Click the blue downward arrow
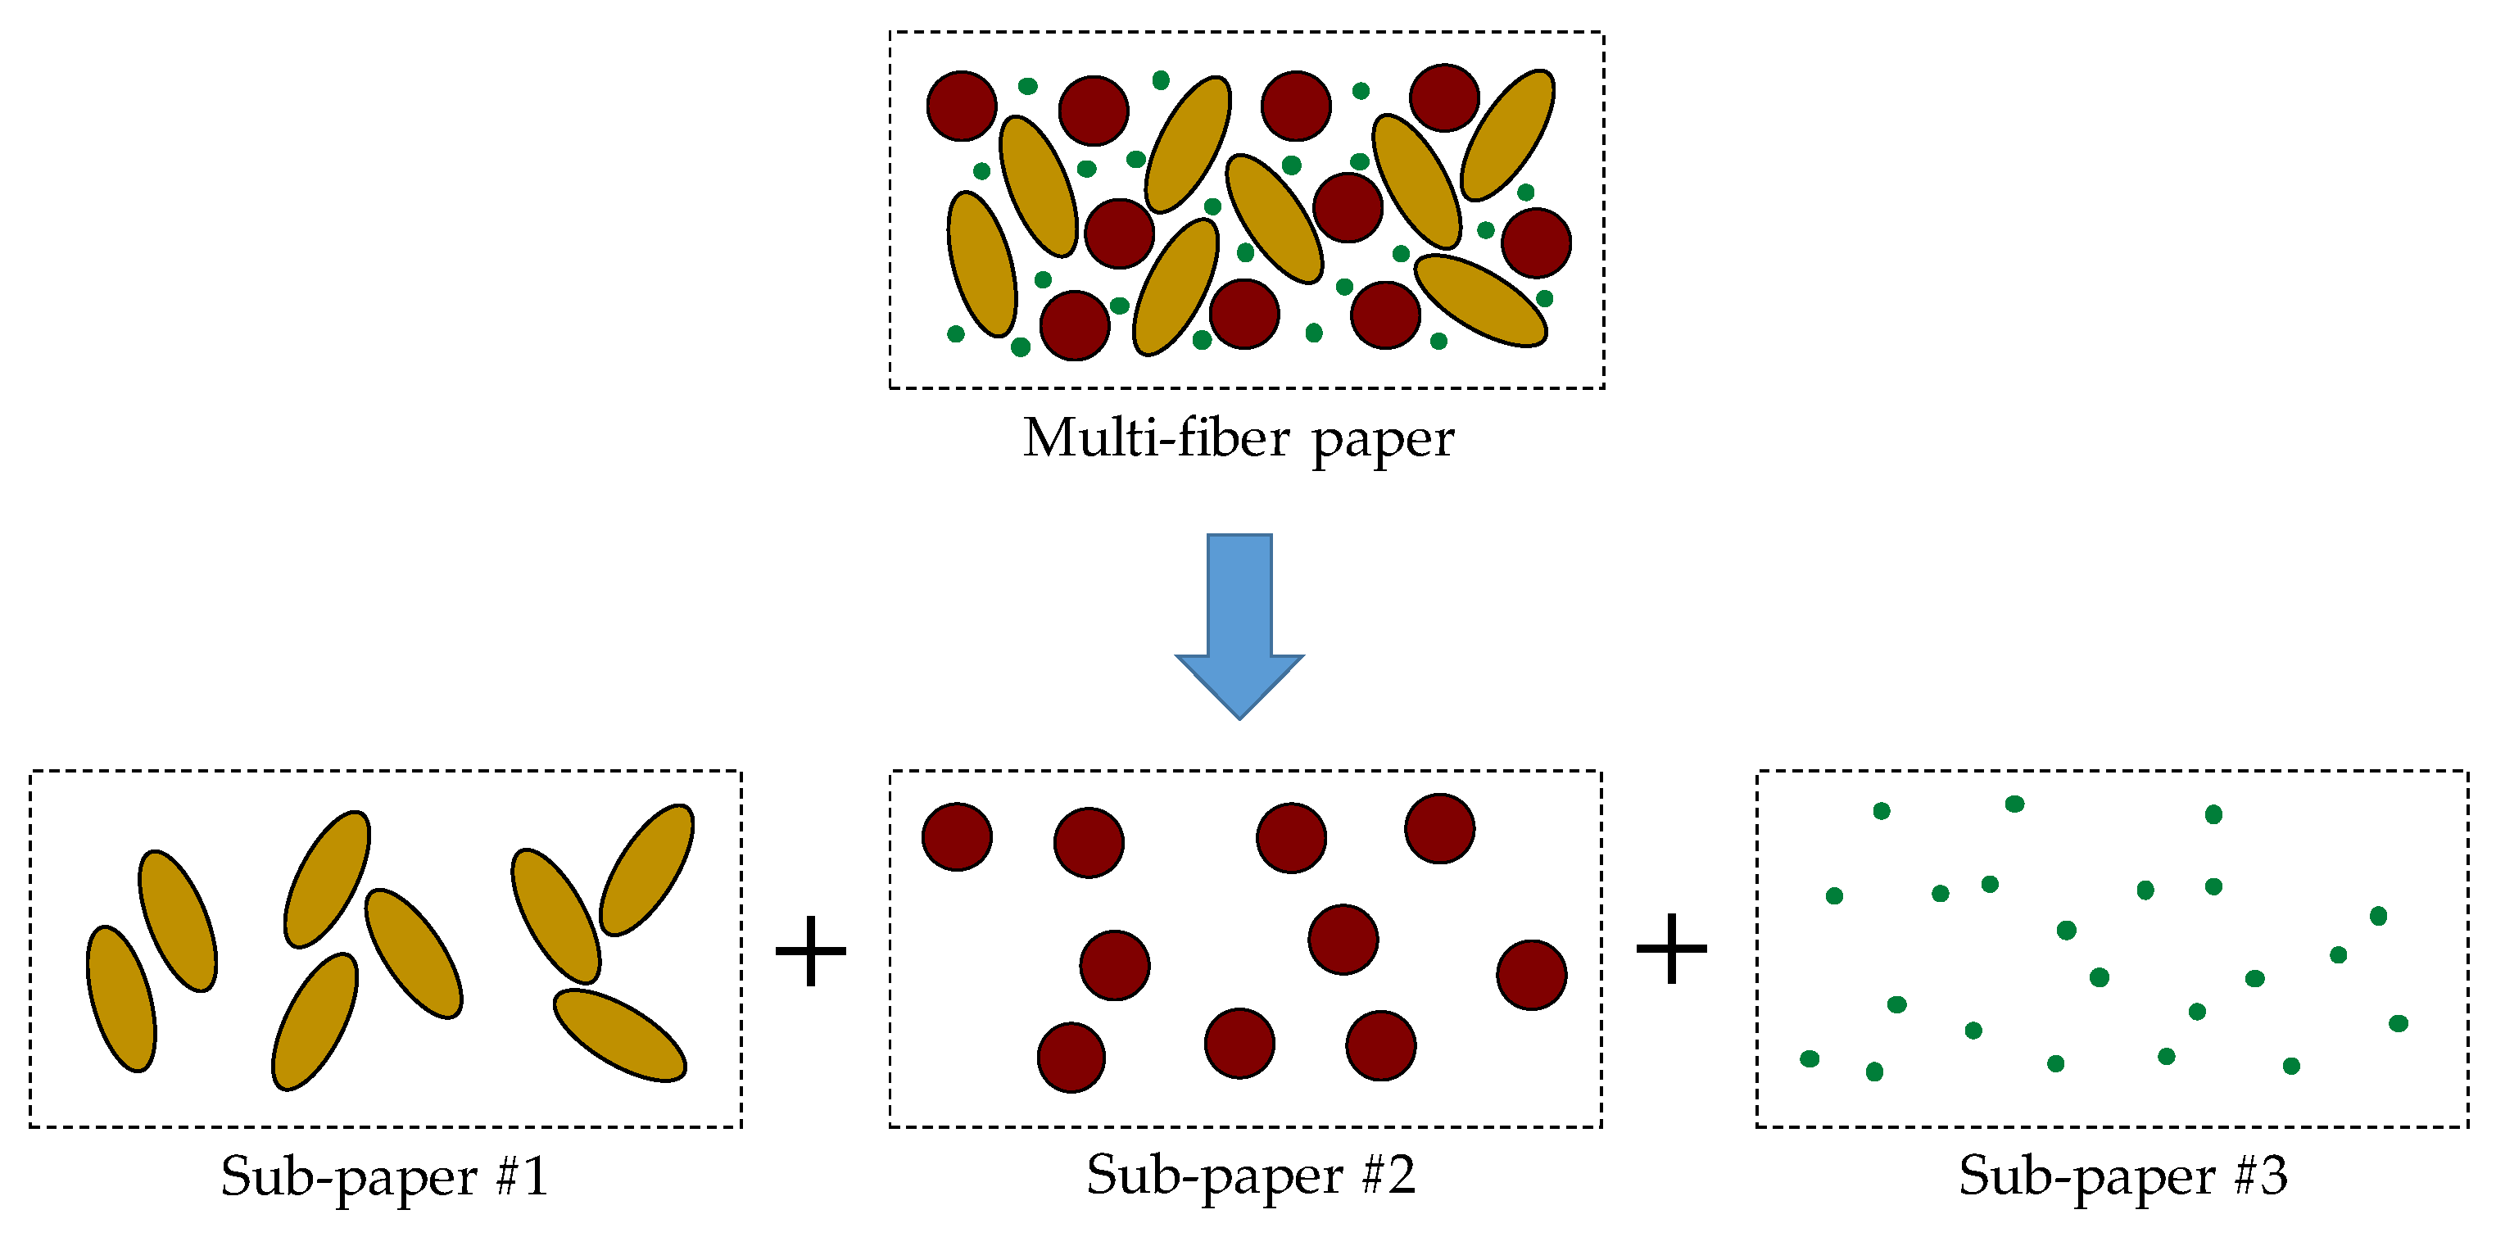click(x=1239, y=620)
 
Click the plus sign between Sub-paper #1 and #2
click(x=811, y=951)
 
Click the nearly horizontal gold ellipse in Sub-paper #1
click(x=620, y=1035)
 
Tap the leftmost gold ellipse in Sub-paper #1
click(x=121, y=999)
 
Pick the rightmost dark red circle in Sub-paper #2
click(x=1531, y=975)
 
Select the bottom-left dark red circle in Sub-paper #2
click(x=1071, y=1057)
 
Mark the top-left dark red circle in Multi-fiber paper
click(x=961, y=106)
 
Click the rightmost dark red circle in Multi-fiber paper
click(x=1536, y=242)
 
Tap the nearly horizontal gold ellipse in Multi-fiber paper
click(x=1480, y=301)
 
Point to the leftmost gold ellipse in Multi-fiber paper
click(x=981, y=264)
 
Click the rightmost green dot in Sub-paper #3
click(x=2399, y=1023)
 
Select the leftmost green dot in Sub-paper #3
click(x=1809, y=1058)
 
